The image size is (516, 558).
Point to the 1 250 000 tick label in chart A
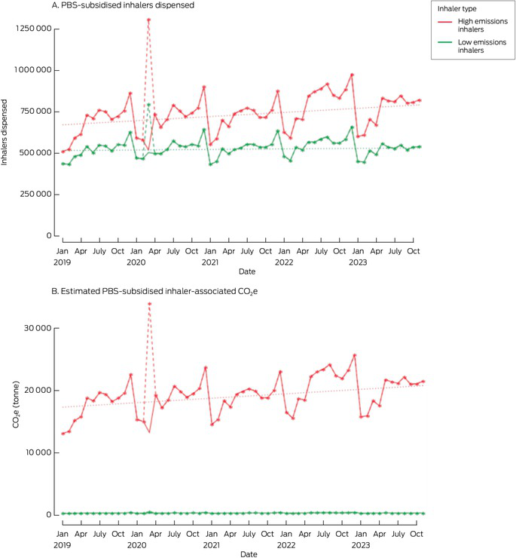[x=32, y=29]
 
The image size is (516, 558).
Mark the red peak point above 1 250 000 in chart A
[x=148, y=20]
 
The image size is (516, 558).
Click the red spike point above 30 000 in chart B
[x=149, y=304]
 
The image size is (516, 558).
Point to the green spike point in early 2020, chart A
[x=149, y=105]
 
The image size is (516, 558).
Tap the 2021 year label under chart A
[x=210, y=262]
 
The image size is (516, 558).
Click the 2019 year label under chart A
[x=63, y=262]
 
